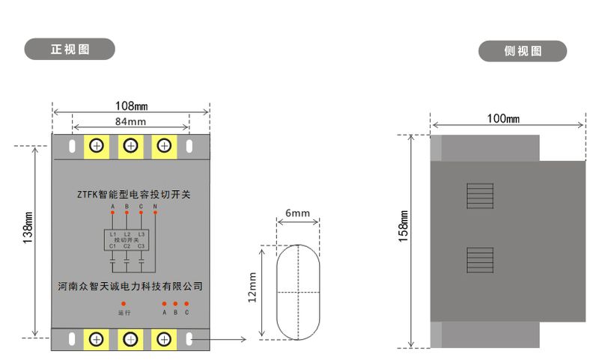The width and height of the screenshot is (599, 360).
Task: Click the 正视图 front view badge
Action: click(70, 49)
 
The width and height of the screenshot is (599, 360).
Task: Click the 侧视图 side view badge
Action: click(523, 51)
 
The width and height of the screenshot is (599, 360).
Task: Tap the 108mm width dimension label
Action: click(131, 106)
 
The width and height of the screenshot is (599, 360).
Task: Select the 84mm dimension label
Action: click(130, 121)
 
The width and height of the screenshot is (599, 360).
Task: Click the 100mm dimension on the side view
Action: click(503, 118)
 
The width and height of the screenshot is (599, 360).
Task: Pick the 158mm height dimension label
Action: click(404, 240)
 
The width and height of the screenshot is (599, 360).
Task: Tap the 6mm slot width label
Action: click(297, 213)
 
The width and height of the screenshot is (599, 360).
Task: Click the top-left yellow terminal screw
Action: click(97, 145)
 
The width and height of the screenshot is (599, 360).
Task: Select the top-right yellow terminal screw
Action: click(164, 145)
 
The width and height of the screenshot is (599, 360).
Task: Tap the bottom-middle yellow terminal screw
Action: click(130, 340)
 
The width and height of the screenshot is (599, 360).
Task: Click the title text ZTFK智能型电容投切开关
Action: click(134, 195)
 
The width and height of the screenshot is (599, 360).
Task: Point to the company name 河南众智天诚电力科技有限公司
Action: click(130, 286)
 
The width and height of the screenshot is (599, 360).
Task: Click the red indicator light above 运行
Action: click(124, 303)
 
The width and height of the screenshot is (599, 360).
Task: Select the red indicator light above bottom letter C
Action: click(186, 303)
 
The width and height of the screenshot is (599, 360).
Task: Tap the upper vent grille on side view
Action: click(479, 196)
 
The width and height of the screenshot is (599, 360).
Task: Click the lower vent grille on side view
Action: click(479, 260)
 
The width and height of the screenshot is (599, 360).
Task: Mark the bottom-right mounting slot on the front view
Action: click(189, 340)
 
